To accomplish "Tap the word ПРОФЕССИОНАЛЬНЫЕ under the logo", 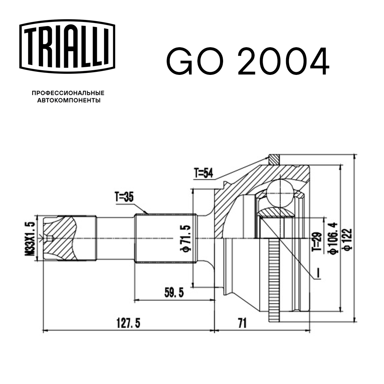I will pyautogui.click(x=68, y=93).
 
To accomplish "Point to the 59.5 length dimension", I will pyautogui.click(x=174, y=293).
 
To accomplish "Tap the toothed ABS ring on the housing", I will pyautogui.click(x=273, y=280).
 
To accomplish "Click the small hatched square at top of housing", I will pyautogui.click(x=274, y=158).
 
